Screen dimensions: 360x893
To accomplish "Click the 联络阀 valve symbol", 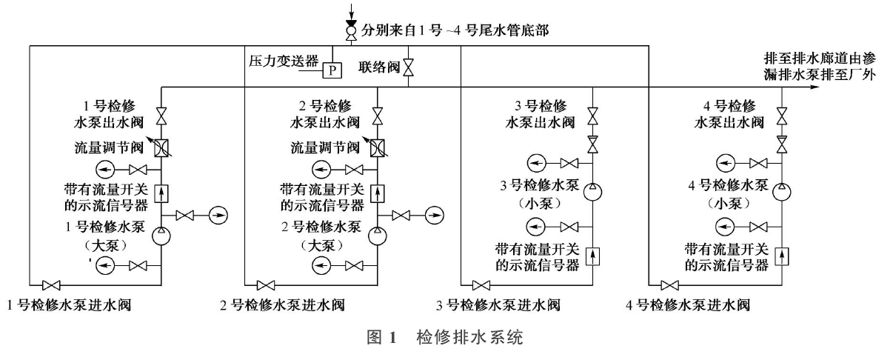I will (x=409, y=68).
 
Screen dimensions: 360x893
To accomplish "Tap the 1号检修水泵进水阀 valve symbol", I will (x=52, y=284).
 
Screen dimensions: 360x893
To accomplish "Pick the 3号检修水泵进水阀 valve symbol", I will (x=481, y=284).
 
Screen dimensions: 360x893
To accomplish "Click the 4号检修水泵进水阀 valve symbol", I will (x=671, y=284).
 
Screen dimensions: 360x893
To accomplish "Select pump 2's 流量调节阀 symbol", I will (x=378, y=147).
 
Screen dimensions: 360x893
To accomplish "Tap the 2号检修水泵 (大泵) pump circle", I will (x=378, y=236).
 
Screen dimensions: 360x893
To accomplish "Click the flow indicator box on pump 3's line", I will (x=592, y=256).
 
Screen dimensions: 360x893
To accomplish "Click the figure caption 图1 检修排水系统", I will (x=446, y=339).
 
